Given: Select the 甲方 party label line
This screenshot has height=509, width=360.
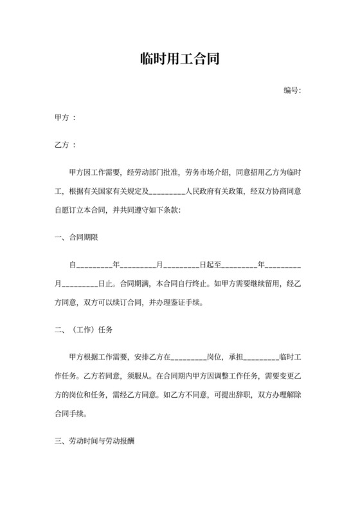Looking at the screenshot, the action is click(x=66, y=118).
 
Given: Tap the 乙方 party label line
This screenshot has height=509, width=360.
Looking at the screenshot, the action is click(x=66, y=146).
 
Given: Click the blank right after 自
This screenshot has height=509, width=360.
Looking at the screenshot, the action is click(x=94, y=264).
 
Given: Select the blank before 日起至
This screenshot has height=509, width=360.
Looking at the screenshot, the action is click(x=182, y=264).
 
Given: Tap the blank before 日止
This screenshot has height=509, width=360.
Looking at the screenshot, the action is click(x=80, y=282).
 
